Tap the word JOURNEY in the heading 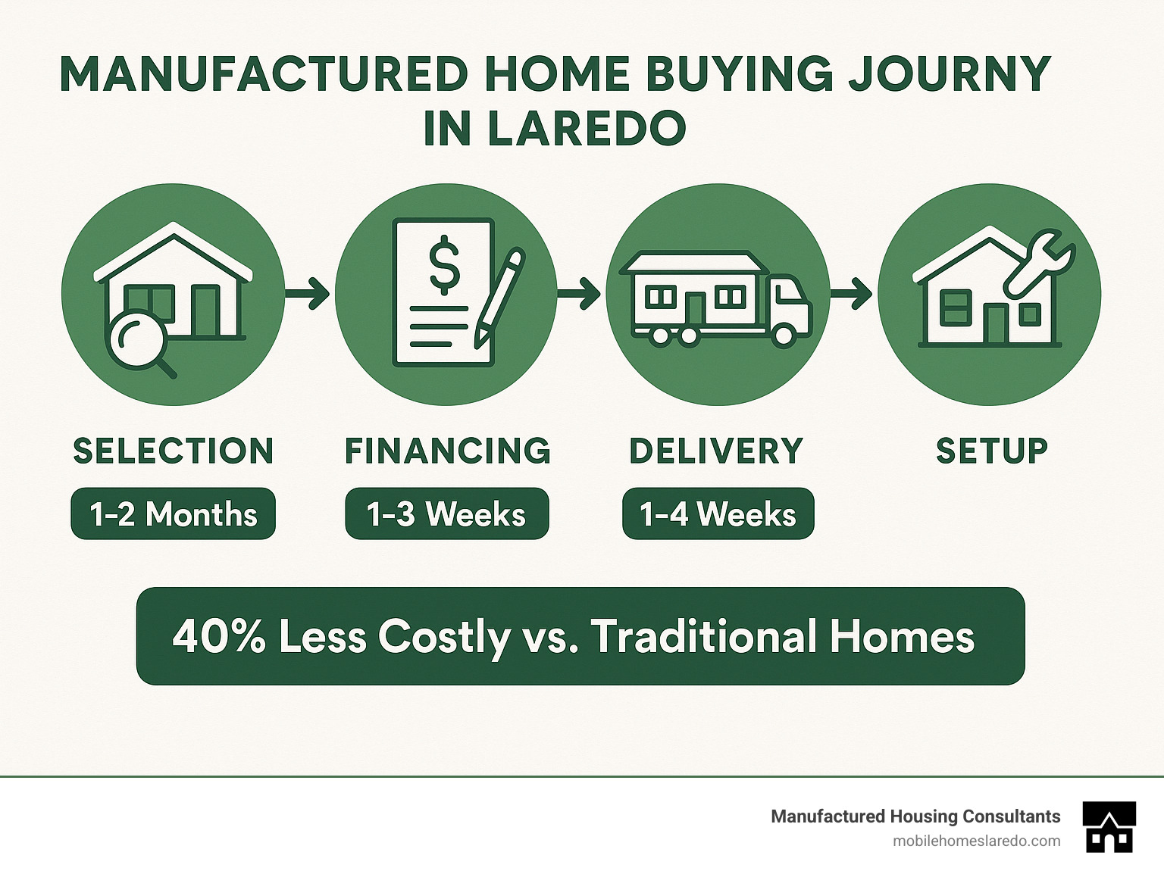949,74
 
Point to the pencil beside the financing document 499,298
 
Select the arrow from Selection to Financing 308,293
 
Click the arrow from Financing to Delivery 580,293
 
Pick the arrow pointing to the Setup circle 852,293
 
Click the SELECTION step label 173,451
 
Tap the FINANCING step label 447,451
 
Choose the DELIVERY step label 716,451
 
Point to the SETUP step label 991,451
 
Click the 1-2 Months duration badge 173,514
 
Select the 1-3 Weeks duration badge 446,514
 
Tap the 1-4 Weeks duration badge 718,514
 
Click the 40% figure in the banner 219,636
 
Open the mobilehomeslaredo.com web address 976,841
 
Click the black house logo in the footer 1109,827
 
